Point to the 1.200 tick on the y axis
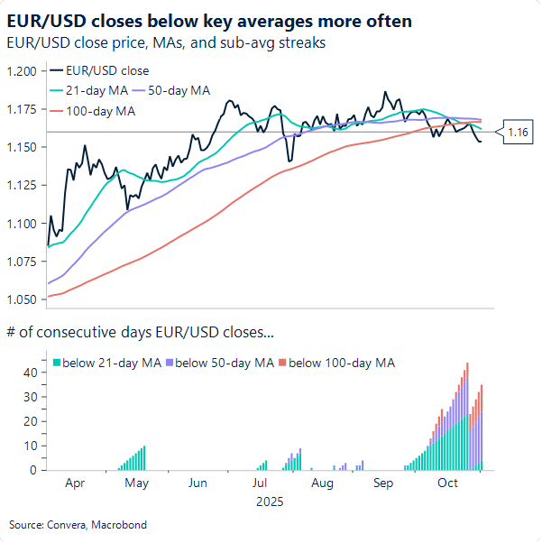pos(23,71)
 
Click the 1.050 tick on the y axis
pos(23,299)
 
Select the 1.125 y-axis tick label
pos(23,185)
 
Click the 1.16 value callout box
pos(518,133)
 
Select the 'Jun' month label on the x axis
pos(198,483)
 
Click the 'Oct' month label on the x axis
pos(447,483)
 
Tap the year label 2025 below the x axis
pos(269,500)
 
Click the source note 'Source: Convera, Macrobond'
pos(78,524)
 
